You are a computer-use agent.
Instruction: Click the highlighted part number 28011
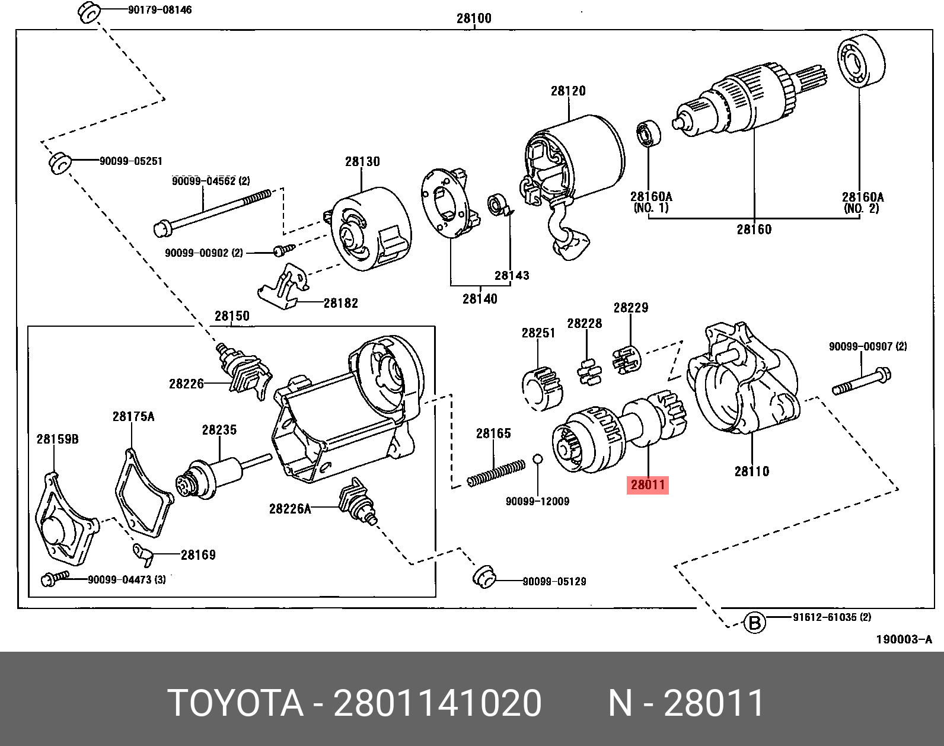coord(648,485)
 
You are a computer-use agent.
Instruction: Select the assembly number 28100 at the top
coord(474,18)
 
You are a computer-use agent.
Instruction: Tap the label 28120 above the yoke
coord(568,91)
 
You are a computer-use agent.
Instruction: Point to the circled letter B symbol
coord(754,623)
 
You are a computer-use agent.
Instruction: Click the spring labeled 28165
coord(496,473)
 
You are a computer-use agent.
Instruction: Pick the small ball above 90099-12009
coord(537,459)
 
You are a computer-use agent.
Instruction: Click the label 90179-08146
coord(160,10)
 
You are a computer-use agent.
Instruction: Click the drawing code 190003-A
coord(904,639)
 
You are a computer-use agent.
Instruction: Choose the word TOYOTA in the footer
coord(235,703)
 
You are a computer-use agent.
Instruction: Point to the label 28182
coord(341,303)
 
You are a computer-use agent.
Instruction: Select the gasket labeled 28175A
coord(142,498)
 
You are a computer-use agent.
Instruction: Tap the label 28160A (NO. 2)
coord(862,202)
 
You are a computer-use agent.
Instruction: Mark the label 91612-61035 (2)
coord(832,617)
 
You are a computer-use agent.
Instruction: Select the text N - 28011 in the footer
coord(686,703)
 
